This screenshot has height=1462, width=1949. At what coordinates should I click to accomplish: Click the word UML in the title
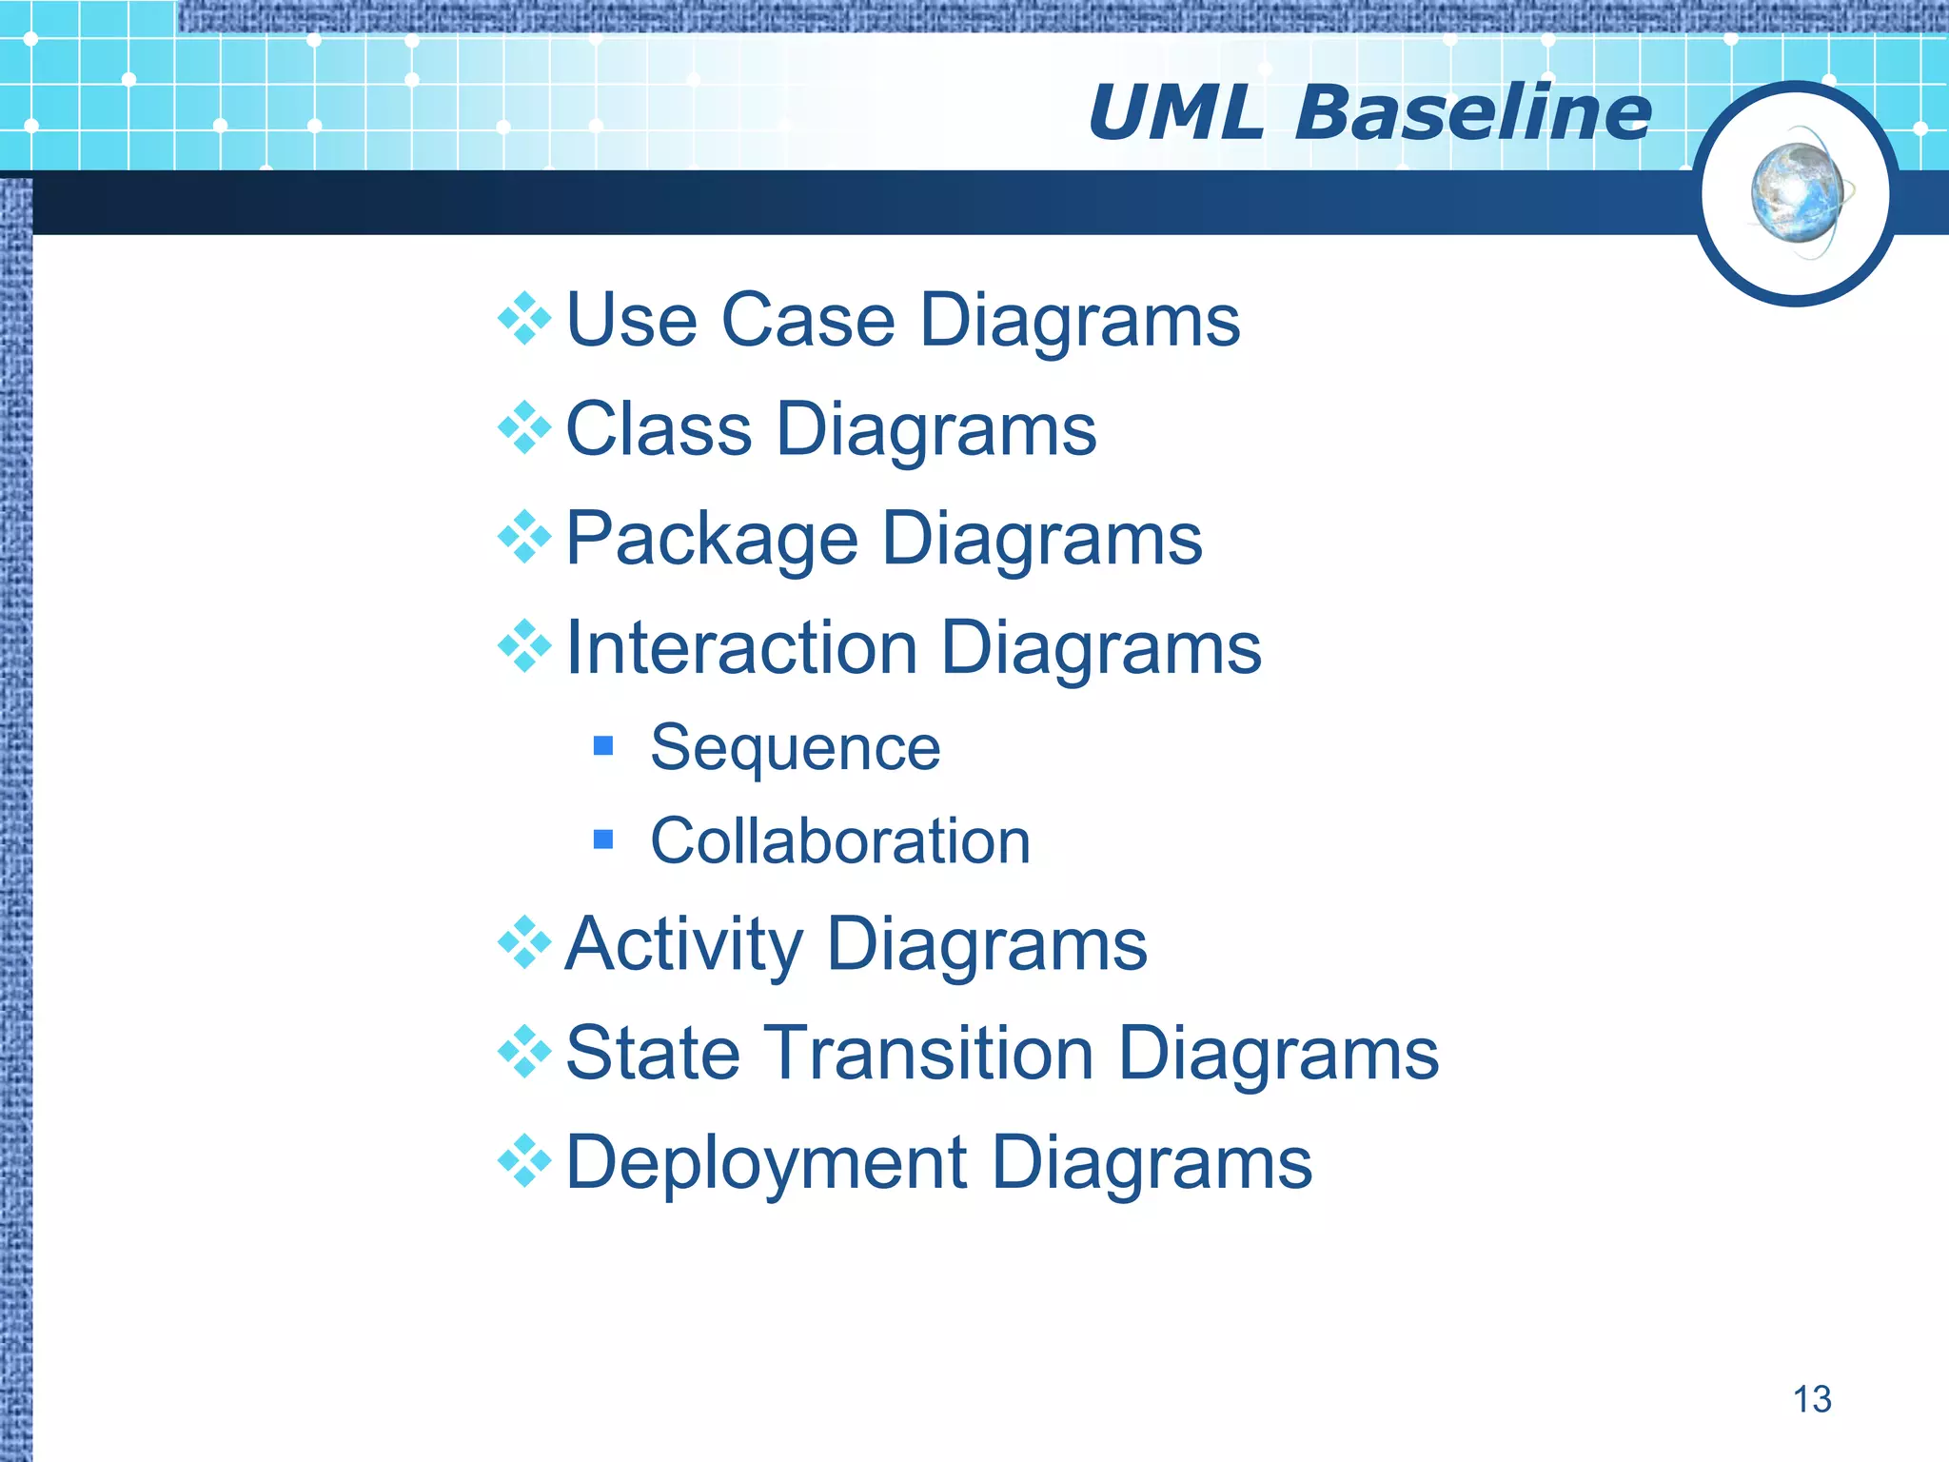click(x=1175, y=113)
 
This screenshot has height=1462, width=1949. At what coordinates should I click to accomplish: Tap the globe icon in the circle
click(x=1797, y=193)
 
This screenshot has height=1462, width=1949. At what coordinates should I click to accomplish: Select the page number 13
click(x=1811, y=1399)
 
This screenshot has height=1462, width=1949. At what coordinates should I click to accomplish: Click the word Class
click(x=659, y=429)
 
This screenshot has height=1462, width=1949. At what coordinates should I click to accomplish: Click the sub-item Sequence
click(x=795, y=748)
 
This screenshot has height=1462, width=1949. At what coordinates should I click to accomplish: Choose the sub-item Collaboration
click(x=839, y=841)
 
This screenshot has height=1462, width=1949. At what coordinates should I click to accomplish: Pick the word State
click(x=652, y=1054)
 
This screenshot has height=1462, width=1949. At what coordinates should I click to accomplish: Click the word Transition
click(x=928, y=1054)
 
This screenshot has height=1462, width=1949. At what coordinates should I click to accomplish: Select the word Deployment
click(x=766, y=1163)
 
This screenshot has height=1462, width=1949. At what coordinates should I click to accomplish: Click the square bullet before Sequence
click(x=602, y=745)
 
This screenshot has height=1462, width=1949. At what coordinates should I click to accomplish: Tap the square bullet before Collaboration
click(x=602, y=840)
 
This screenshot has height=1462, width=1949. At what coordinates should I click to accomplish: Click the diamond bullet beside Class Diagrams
click(x=524, y=428)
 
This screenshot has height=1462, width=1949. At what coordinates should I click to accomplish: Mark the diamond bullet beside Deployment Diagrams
click(x=524, y=1161)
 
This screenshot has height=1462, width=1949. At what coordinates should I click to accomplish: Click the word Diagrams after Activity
click(x=987, y=945)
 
